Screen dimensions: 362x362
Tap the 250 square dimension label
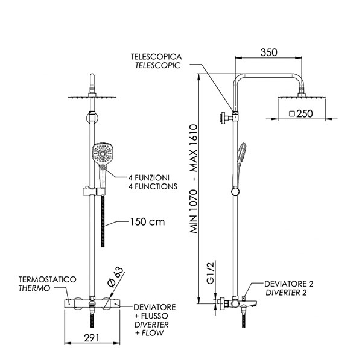click(302, 113)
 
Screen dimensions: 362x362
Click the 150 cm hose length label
click(147, 221)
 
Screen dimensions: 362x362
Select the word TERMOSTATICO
click(48, 280)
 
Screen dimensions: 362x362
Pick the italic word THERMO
click(31, 289)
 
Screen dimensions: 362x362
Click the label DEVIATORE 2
click(291, 282)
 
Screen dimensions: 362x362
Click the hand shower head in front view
click(102, 154)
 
